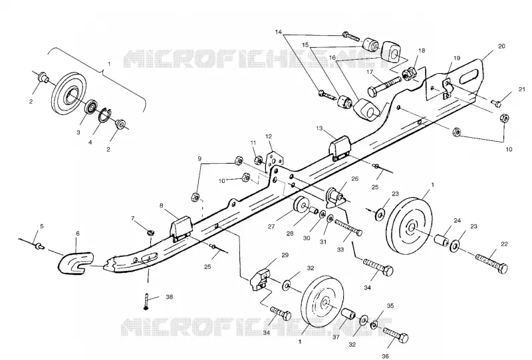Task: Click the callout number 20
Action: coord(501,46)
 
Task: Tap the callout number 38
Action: coord(169,297)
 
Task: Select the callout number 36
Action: coord(385,356)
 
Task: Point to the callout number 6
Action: coord(78,234)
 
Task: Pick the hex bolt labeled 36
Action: coord(396,334)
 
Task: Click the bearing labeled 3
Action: coord(90,106)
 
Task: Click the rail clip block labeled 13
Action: coord(340,148)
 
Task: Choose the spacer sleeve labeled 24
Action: coord(442,238)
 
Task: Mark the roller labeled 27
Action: coord(301,205)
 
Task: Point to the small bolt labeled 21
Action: coord(495,102)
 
